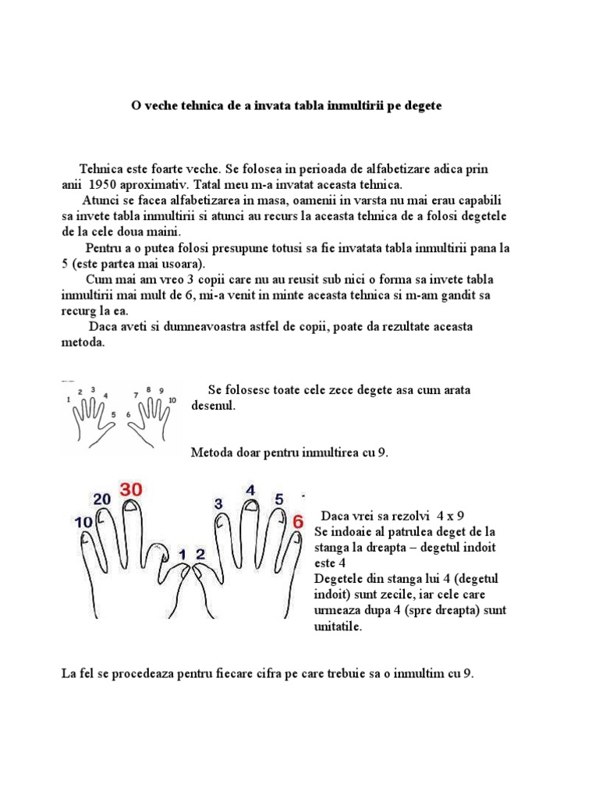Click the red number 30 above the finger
pos(131,491)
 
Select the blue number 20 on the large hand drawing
pos(102,499)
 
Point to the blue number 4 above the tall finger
pos(250,490)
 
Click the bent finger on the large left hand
pos(159,556)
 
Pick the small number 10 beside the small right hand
pos(172,400)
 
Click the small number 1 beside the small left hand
pos(69,399)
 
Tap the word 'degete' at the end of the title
pos(423,105)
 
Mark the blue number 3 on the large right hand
pos(218,504)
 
